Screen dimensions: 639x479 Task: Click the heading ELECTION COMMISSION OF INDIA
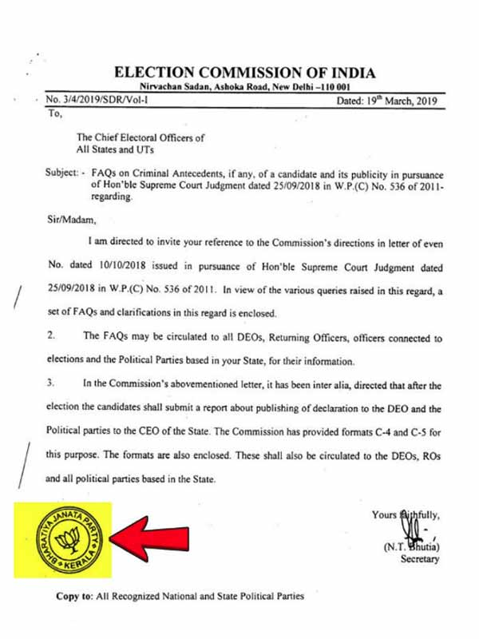244,73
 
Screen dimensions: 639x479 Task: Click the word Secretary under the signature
419,560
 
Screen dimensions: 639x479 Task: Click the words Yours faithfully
406,515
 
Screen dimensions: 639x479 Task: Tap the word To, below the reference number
55,114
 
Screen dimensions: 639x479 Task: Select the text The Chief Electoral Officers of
141,137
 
